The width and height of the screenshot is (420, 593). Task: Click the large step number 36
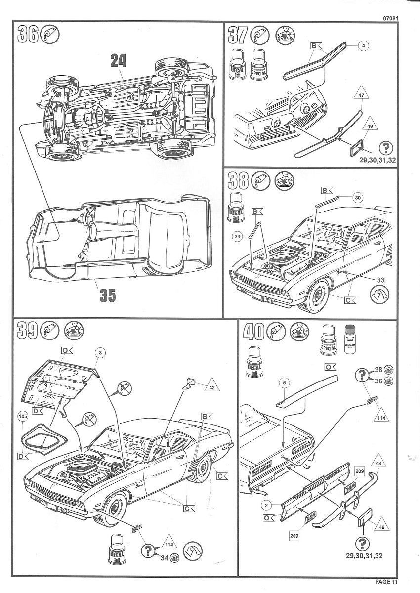coord(28,35)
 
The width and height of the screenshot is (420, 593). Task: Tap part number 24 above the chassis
coord(118,60)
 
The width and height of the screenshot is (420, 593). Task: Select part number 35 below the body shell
coord(108,295)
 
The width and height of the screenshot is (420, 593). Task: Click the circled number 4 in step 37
coord(363,46)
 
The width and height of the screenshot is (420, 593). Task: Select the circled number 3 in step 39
coord(100,352)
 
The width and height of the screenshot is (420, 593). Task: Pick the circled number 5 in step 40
coord(284,382)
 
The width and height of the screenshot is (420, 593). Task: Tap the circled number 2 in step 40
coord(266,505)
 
